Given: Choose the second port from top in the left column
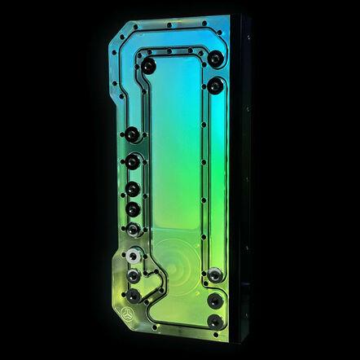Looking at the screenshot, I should [x=131, y=160].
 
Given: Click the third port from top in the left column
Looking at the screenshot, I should [x=131, y=189].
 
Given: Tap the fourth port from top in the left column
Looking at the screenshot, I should [x=131, y=210].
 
